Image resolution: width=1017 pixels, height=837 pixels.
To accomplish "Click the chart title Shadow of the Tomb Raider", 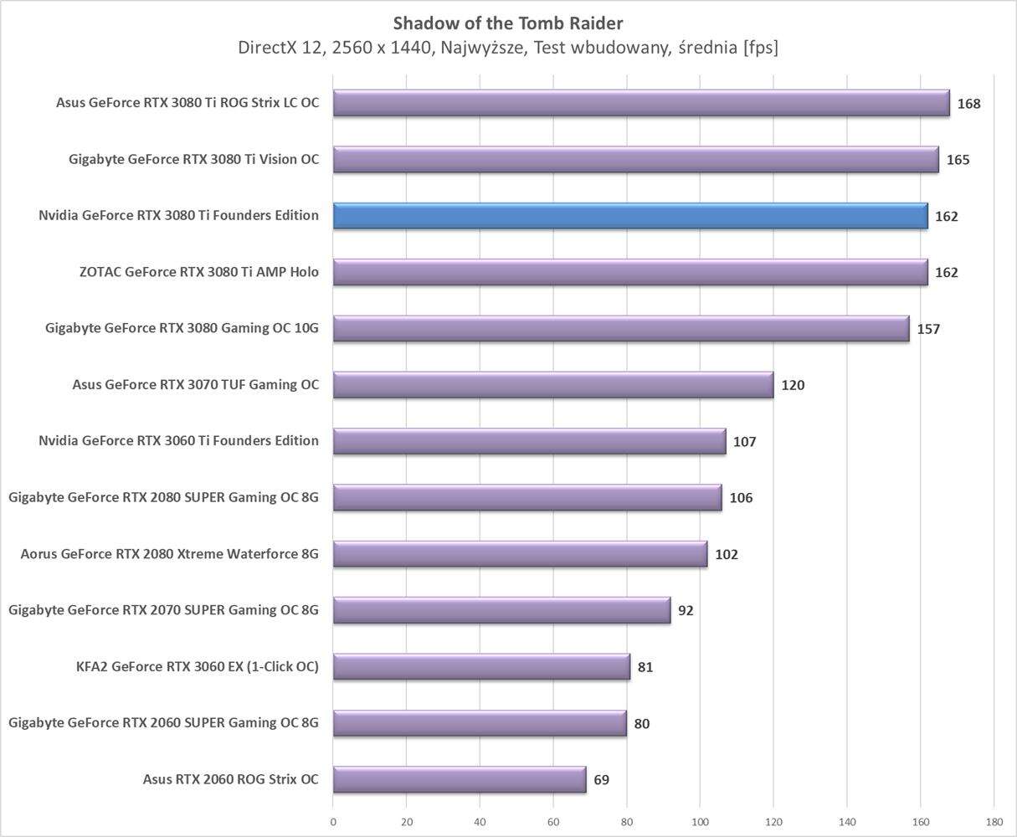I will click(x=508, y=23).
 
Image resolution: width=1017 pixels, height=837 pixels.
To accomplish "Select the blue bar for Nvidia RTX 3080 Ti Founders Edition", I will click(x=629, y=216).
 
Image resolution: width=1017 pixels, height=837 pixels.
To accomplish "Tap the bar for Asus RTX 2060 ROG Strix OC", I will click(x=460, y=779).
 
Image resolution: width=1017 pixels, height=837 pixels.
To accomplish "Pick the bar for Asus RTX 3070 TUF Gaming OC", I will click(x=552, y=385).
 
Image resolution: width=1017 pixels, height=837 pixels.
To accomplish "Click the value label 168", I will click(x=968, y=104).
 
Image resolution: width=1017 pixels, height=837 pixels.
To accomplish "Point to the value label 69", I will click(x=601, y=780).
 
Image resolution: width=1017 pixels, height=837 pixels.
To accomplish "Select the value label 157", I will click(x=928, y=329).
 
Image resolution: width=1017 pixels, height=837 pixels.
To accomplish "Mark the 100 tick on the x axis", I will click(x=700, y=822).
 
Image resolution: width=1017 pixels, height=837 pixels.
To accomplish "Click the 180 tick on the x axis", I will click(x=994, y=822).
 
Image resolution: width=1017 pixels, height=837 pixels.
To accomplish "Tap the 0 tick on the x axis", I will click(x=333, y=822).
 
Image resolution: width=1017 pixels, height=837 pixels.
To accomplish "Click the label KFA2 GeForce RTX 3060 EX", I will click(x=197, y=667).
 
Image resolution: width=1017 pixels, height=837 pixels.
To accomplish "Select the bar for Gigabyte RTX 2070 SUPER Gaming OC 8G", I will click(x=501, y=610).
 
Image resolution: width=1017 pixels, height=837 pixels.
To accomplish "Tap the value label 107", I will click(x=744, y=441).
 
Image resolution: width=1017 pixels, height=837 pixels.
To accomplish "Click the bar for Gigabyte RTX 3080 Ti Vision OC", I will click(x=635, y=160).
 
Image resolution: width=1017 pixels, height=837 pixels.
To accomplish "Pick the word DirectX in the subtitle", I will click(x=267, y=48).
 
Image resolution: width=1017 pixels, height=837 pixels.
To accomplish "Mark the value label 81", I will click(x=645, y=667).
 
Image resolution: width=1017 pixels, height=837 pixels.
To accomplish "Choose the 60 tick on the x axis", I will click(x=553, y=822).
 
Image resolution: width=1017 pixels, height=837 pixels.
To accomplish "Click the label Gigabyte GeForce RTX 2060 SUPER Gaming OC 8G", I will click(x=163, y=723).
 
